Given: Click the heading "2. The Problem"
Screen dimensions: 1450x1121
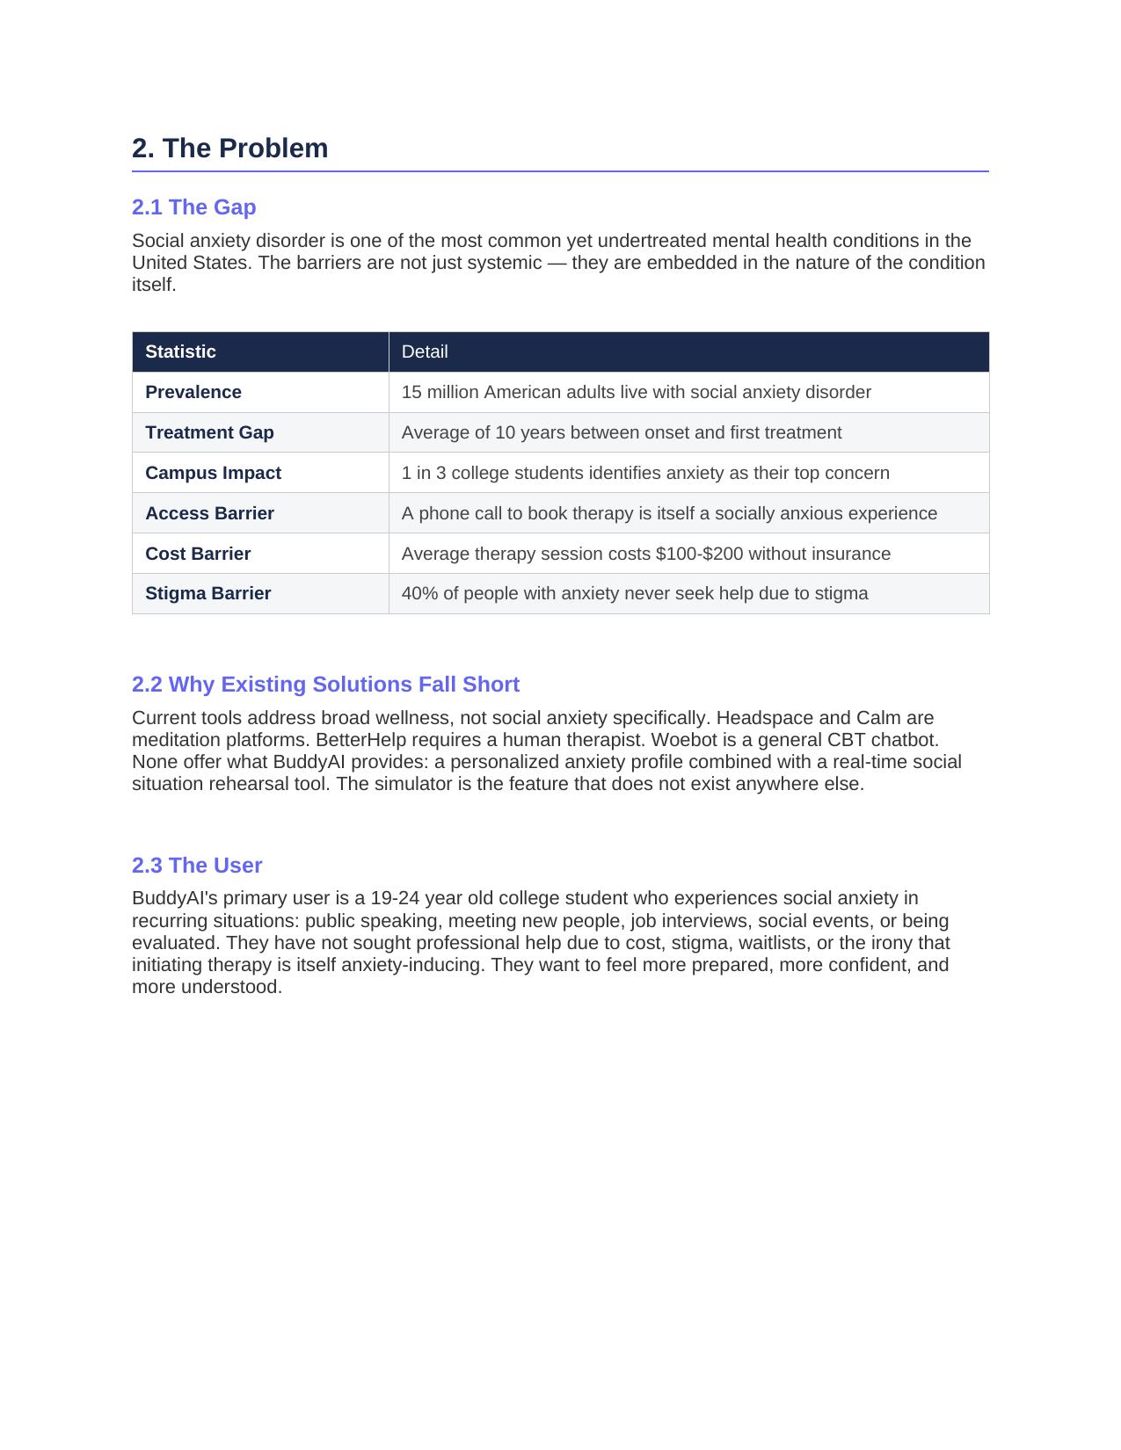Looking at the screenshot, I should [x=229, y=149].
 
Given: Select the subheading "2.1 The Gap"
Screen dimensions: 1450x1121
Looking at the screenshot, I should [x=193, y=207].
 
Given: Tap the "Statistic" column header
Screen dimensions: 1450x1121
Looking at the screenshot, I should [x=180, y=352].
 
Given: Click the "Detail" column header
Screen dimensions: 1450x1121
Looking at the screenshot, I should [x=425, y=352].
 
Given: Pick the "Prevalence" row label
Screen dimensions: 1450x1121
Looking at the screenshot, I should [x=193, y=392].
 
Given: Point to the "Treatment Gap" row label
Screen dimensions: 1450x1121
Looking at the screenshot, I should [x=209, y=432].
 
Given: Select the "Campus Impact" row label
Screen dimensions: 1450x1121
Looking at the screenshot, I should [x=213, y=473].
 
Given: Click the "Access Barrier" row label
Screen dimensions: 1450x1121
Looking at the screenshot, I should [x=209, y=513].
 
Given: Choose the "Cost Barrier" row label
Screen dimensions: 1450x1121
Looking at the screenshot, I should [x=198, y=554].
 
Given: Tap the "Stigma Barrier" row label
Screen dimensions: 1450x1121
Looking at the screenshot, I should [x=207, y=593].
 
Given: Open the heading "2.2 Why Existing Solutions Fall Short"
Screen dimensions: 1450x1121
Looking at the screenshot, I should [x=325, y=685].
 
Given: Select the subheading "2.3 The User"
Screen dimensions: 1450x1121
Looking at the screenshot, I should [x=197, y=866].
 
